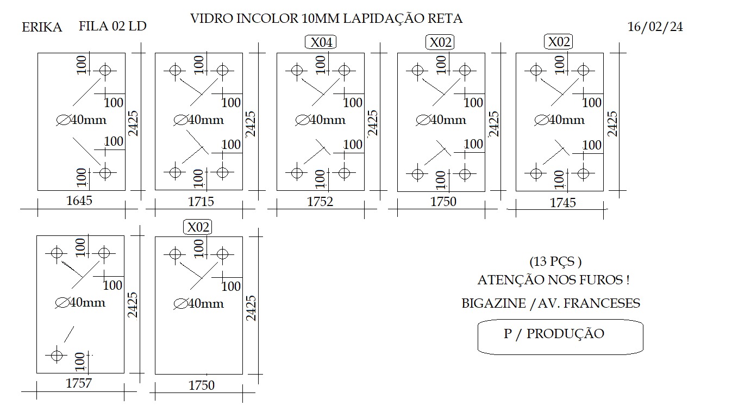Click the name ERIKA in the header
42,27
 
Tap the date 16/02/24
655,27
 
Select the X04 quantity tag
321,42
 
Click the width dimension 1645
79,201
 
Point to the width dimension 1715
201,201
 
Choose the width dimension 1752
320,201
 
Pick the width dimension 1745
563,203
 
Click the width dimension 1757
79,383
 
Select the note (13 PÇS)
555,261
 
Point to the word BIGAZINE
494,303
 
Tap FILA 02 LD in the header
112,26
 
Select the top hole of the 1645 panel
105,70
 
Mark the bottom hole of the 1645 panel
105,172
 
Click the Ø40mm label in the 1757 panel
80,303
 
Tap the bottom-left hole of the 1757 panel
57,356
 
